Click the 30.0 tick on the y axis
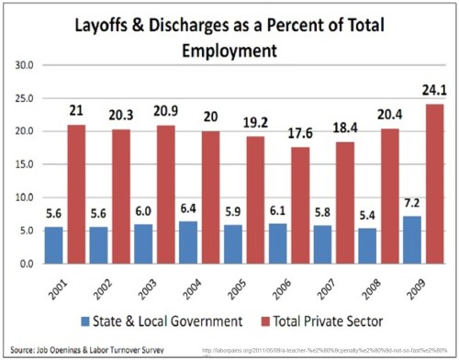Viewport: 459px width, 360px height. [25, 65]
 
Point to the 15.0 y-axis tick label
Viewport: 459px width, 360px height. [25, 164]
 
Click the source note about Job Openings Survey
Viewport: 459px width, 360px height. [81, 349]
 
